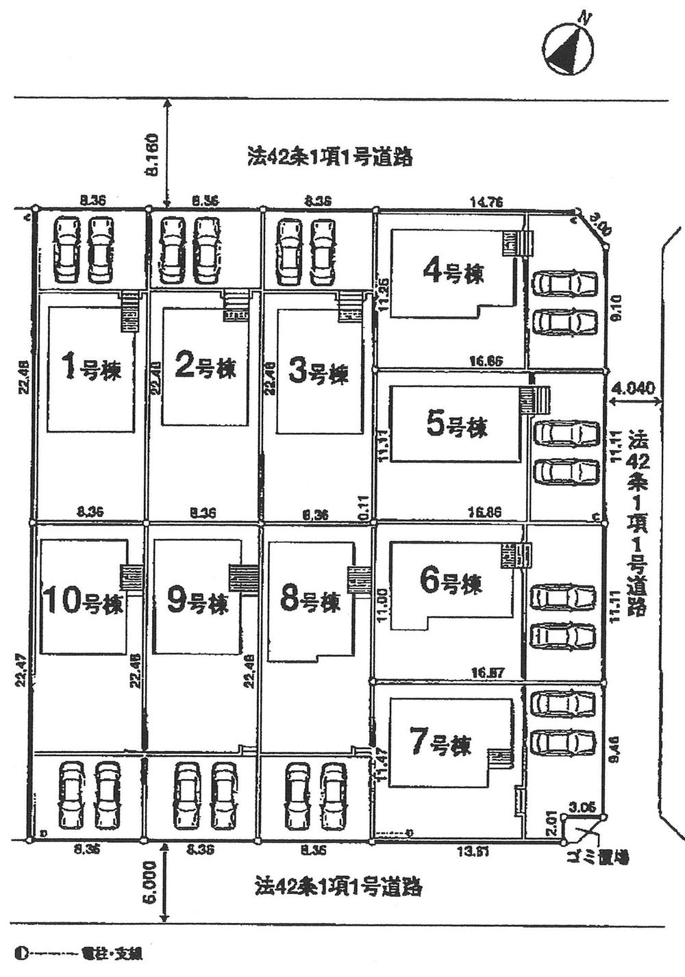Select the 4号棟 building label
[x=453, y=273]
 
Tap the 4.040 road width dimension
[x=634, y=388]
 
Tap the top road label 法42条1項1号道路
[x=329, y=157]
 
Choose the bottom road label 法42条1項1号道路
[x=338, y=887]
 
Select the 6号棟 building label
[x=451, y=583]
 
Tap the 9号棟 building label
[x=197, y=602]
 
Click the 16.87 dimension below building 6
[x=488, y=673]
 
